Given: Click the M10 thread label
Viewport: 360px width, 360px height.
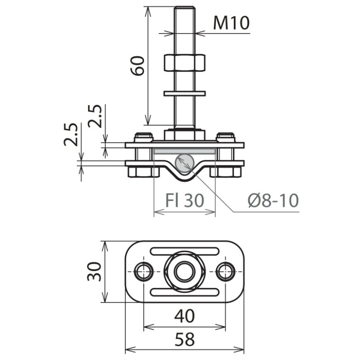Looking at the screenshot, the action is (x=231, y=23).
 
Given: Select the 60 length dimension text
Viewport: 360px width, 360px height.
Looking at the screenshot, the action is (x=138, y=66).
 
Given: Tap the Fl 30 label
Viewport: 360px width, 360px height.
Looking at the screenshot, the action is (x=185, y=200).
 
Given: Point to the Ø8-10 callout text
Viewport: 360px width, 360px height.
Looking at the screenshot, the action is (x=273, y=200).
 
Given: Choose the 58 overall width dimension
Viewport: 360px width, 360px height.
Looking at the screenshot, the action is (x=185, y=339).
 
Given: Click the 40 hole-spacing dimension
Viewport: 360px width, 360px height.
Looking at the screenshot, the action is (x=185, y=316).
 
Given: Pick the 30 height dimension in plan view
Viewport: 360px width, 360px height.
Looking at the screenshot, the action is (x=94, y=271).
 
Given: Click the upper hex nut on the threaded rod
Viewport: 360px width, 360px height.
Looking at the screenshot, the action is (x=185, y=62).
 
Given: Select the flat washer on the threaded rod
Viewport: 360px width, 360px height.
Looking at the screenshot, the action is (x=185, y=94).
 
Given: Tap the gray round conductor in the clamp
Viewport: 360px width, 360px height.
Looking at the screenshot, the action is (x=184, y=163).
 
